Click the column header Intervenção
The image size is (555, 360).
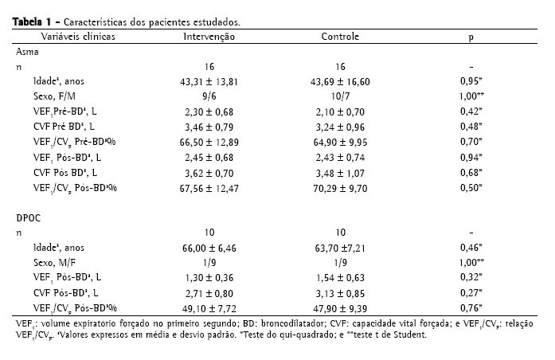pos(209,37)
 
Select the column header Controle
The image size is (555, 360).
pos(340,37)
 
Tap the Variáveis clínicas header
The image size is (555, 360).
pos(77,37)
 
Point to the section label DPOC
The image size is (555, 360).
pos(29,217)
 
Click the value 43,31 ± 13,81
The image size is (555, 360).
pos(209,81)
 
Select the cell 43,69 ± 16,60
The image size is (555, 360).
pos(340,81)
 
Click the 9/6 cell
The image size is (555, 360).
pos(209,96)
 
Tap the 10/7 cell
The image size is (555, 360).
pos(340,96)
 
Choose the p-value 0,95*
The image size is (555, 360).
pos(472,81)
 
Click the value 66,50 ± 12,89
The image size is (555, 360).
pos(209,140)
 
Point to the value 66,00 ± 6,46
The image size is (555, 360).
pos(209,248)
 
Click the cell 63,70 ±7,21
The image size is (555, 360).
pos(340,248)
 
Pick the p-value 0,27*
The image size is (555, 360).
pos(472,292)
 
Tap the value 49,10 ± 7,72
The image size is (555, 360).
pos(209,307)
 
